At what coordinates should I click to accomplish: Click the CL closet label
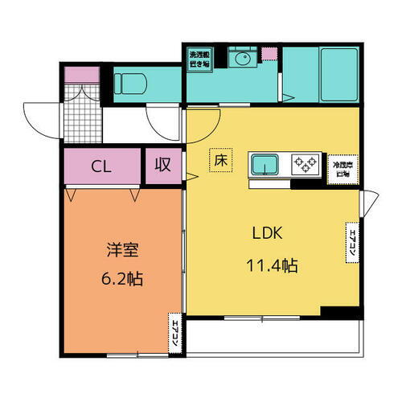coord(100,167)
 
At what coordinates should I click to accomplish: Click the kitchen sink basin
coord(265,164)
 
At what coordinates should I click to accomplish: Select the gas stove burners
coord(306,163)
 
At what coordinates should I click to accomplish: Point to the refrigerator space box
coord(343,169)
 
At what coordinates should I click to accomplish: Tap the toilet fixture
coord(129,84)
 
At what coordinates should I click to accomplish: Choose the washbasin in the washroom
coord(239,59)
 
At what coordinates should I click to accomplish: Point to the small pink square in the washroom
coord(269,55)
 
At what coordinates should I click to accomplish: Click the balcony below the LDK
coord(273,336)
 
